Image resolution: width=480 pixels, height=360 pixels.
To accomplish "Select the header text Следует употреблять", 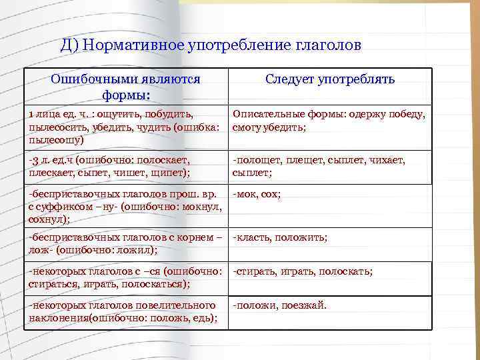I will pos(330,79).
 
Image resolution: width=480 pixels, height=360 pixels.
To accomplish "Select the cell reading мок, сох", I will pos(257,194).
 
